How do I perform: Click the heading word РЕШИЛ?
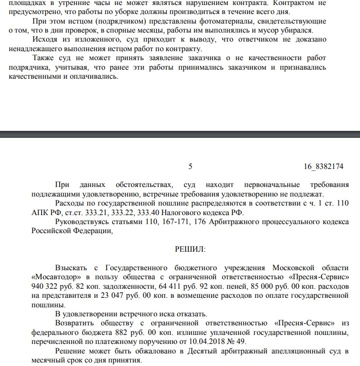click(190, 248)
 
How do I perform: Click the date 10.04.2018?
click(197, 341)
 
